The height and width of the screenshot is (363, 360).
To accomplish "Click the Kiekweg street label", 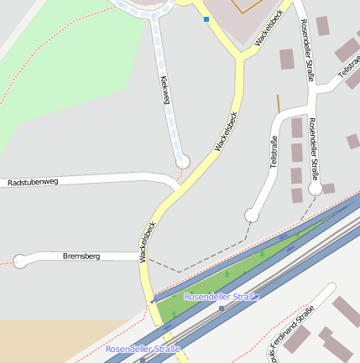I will point(165,91).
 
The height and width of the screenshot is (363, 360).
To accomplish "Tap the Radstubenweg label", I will point(33,182).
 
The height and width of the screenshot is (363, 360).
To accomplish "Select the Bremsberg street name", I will point(81,255).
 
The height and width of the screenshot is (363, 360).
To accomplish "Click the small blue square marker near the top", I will point(206,18).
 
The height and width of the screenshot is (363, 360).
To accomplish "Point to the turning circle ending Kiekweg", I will point(183,161).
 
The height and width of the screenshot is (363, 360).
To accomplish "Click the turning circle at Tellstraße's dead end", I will point(252,215).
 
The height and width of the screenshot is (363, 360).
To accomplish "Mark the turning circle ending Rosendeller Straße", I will point(315,189).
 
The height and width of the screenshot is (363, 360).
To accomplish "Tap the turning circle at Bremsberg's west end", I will point(21,262).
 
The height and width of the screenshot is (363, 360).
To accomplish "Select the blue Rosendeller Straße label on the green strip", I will point(222,297).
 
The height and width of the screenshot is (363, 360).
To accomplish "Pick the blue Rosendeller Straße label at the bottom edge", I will point(143,348).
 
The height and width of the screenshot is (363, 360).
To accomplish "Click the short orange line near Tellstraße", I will point(279,103).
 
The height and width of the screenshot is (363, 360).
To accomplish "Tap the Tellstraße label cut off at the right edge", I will point(349,73).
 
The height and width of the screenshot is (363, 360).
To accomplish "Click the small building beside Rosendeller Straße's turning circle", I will point(328,189).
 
